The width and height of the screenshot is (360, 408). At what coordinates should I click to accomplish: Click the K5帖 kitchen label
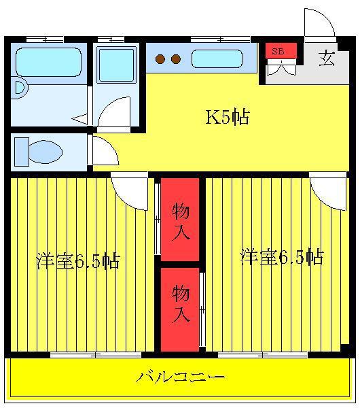pyautogui.click(x=228, y=117)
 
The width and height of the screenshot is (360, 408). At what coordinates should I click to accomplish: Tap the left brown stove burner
pyautogui.click(x=160, y=59)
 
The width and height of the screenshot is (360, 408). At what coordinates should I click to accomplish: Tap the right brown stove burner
pyautogui.click(x=176, y=59)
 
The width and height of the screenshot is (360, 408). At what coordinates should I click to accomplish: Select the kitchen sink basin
pyautogui.click(x=217, y=59)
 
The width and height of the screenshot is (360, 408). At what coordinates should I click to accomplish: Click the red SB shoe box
pyautogui.click(x=281, y=51)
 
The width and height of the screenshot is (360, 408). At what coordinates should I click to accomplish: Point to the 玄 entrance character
pyautogui.click(x=327, y=58)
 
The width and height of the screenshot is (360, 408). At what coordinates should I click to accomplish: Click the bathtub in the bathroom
pyautogui.click(x=48, y=62)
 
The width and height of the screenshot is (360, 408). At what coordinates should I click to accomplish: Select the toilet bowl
pyautogui.click(x=45, y=152)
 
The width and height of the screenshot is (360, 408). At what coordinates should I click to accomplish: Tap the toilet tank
pyautogui.click(x=22, y=152)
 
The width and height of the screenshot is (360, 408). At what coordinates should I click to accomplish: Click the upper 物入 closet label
pyautogui.click(x=181, y=221)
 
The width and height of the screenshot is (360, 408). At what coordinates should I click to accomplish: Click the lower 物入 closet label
pyautogui.click(x=181, y=304)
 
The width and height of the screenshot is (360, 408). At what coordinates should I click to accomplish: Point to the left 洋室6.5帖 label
pyautogui.click(x=78, y=260)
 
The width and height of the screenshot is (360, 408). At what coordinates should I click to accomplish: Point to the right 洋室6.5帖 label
pyautogui.click(x=283, y=257)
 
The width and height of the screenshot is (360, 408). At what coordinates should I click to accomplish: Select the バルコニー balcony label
pyautogui.click(x=180, y=377)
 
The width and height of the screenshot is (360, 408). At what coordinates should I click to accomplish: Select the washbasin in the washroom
pyautogui.click(x=116, y=65)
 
